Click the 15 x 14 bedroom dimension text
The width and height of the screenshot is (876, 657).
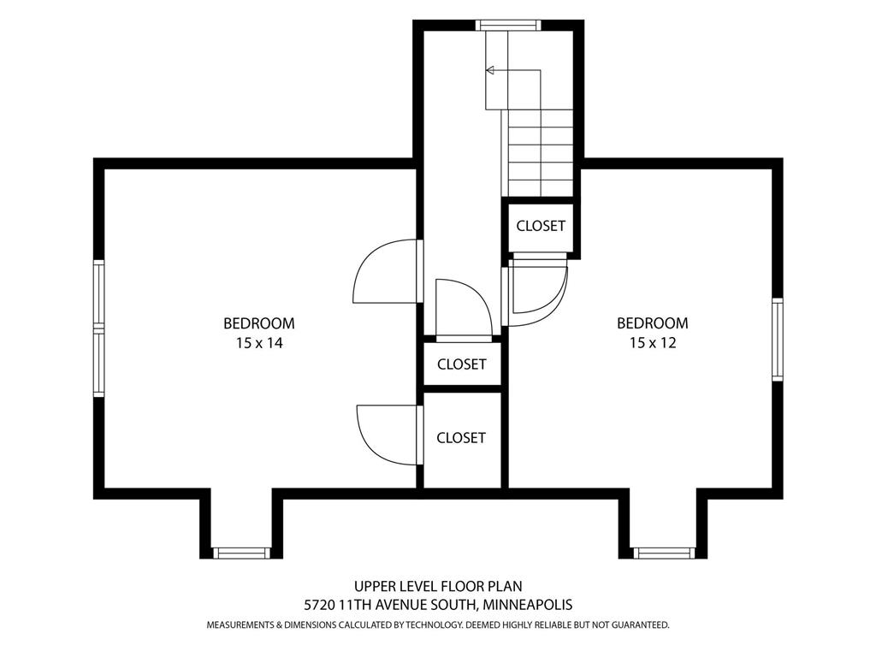pos(259,343)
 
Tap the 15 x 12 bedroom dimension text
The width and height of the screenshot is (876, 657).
pos(653,342)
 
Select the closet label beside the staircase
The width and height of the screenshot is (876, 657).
pos(541,226)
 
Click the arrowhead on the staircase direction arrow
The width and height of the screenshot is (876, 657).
pos(490,70)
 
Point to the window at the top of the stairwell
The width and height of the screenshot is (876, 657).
pos(508,25)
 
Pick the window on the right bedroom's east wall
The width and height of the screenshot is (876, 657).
pos(777,340)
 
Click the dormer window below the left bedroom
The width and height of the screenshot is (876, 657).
pos(241,553)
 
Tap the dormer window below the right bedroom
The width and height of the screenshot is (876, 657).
pos(663,553)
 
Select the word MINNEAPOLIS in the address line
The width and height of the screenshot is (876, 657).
pos(528,605)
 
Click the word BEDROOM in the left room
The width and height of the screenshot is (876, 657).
pos(259,323)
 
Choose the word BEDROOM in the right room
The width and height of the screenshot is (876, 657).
pos(653,323)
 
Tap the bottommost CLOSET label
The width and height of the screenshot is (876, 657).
pos(461,437)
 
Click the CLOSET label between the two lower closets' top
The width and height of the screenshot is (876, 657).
pos(461,364)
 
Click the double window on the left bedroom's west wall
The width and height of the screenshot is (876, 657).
pos(99,328)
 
